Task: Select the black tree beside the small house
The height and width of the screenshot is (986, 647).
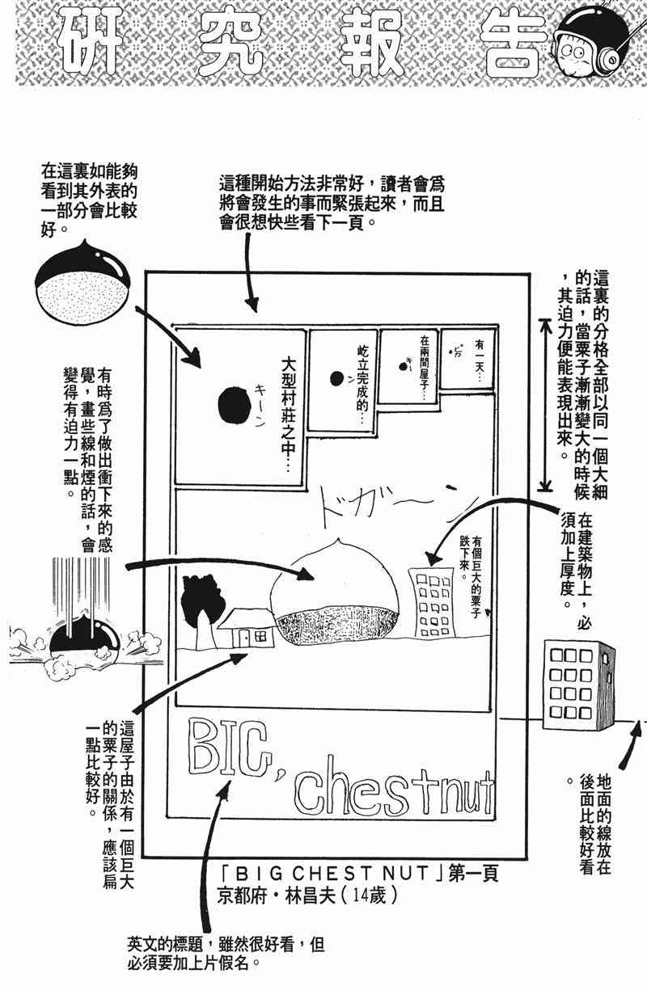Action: (198, 606)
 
